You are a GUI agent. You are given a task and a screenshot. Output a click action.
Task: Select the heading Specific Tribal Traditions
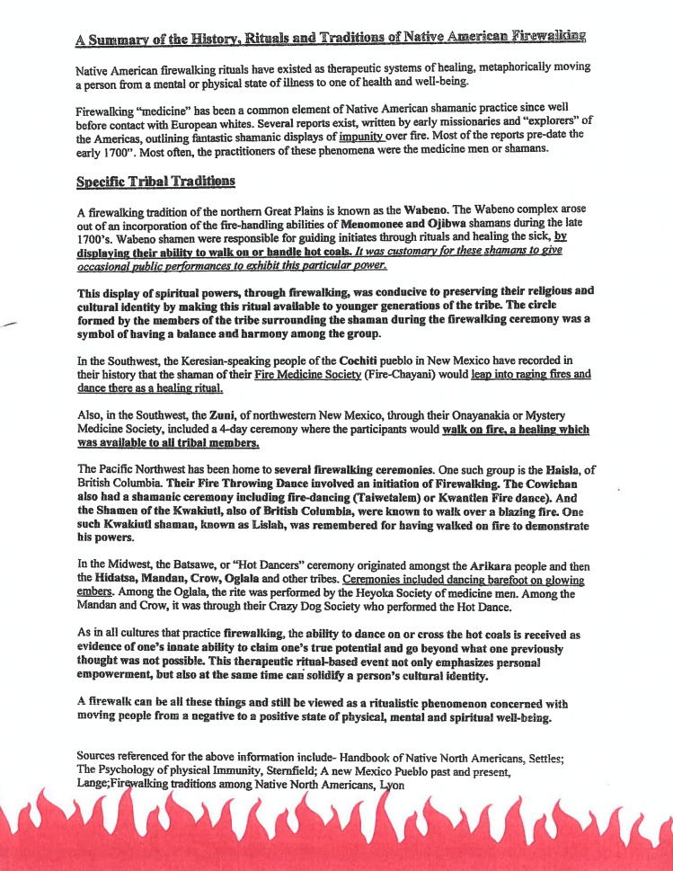point(155,181)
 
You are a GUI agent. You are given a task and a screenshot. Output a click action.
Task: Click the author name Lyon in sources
point(393,785)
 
